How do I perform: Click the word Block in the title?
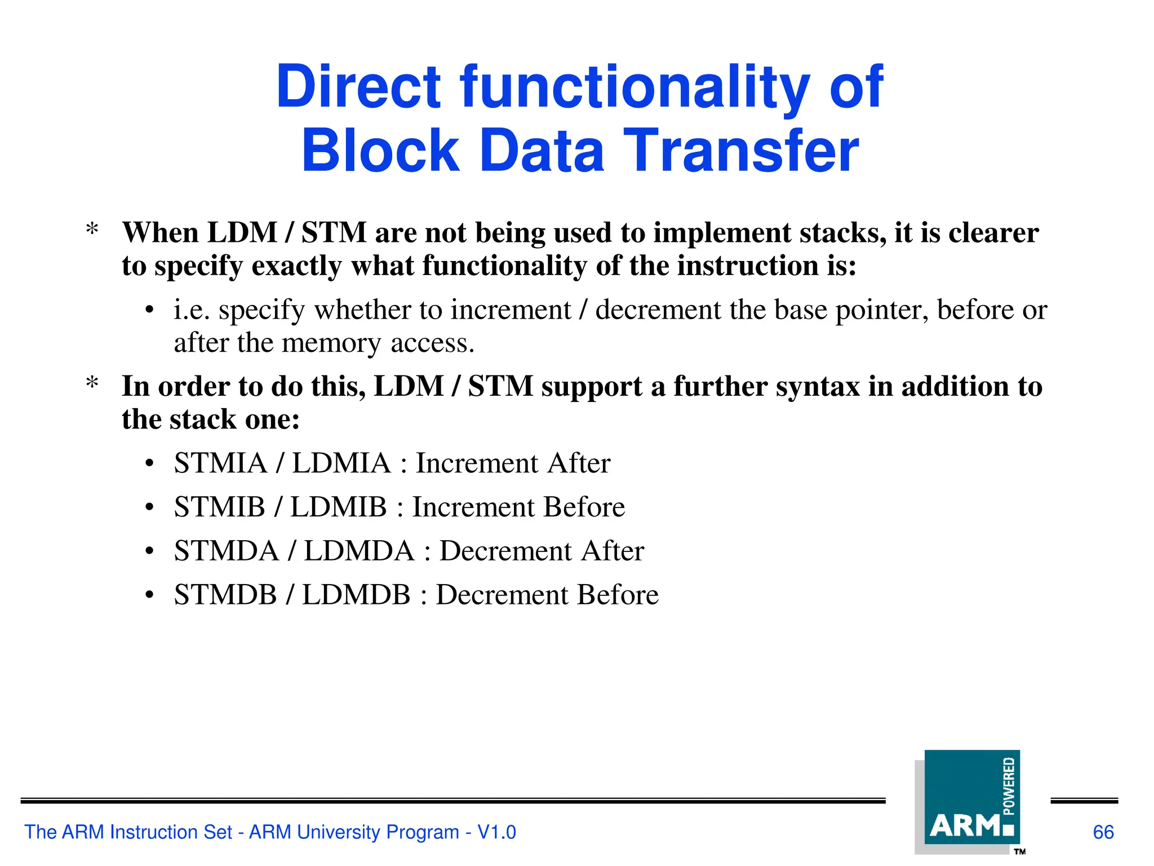pyautogui.click(x=380, y=151)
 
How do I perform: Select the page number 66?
pyautogui.click(x=1103, y=832)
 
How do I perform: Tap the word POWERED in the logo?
pyautogui.click(x=1009, y=786)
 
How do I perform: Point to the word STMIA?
pyautogui.click(x=220, y=463)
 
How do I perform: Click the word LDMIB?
pyautogui.click(x=338, y=507)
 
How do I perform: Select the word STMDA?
pyautogui.click(x=227, y=551)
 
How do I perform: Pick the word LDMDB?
pyautogui.click(x=356, y=595)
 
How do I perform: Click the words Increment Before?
pyautogui.click(x=518, y=507)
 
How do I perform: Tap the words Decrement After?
pyautogui.click(x=542, y=551)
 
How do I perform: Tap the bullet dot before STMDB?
pyautogui.click(x=149, y=595)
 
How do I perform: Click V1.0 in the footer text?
pyautogui.click(x=496, y=832)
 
